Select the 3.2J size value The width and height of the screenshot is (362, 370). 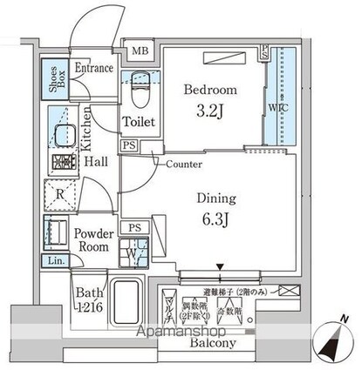pyautogui.click(x=210, y=111)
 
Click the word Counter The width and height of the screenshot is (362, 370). pyautogui.click(x=183, y=163)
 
